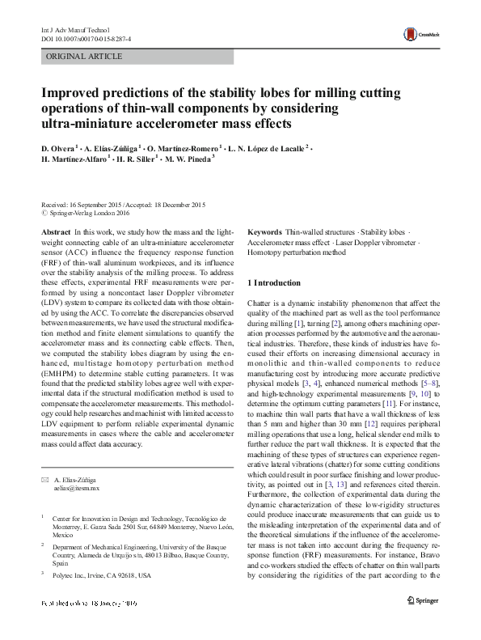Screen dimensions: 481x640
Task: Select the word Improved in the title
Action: point(74,92)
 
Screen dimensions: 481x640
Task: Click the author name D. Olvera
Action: point(59,149)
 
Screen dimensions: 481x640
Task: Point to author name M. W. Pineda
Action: point(189,160)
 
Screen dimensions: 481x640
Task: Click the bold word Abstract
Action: point(56,231)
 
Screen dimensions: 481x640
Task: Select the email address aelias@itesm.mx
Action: point(75,489)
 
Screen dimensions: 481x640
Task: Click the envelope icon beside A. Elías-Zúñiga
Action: point(45,480)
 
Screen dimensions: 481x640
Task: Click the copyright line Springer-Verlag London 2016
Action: point(83,214)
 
